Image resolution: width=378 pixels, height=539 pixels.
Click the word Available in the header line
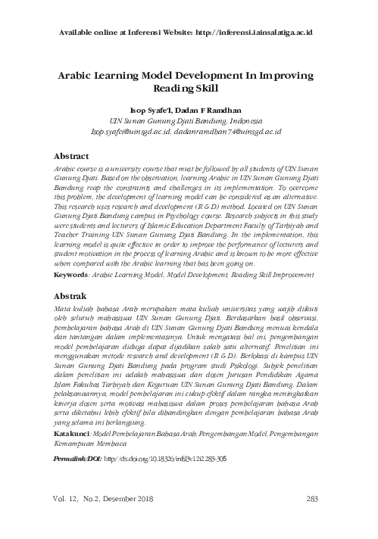80,34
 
